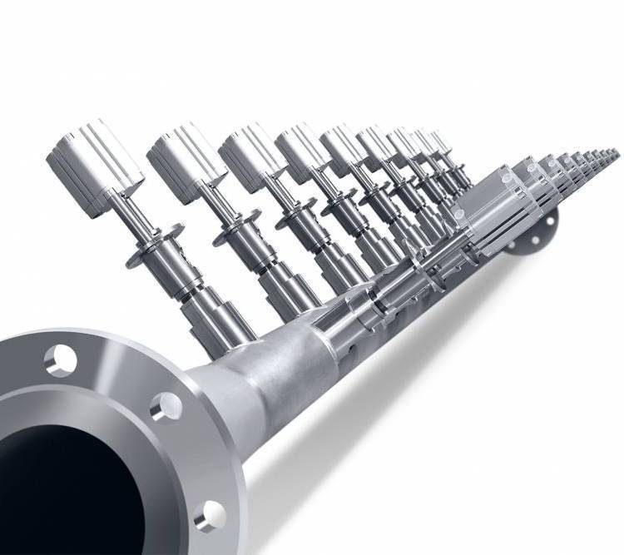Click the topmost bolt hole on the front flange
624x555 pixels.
pos(61,359)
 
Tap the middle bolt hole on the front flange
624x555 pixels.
pos(166,407)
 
